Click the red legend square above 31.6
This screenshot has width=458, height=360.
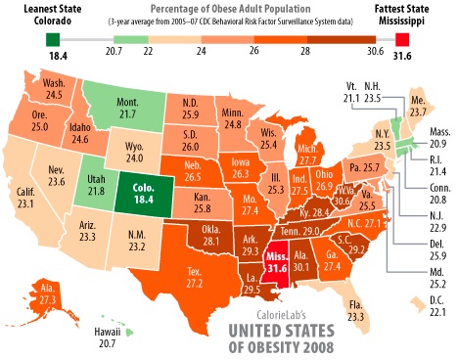[401, 39]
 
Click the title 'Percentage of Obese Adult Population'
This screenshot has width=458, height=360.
[229, 9]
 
